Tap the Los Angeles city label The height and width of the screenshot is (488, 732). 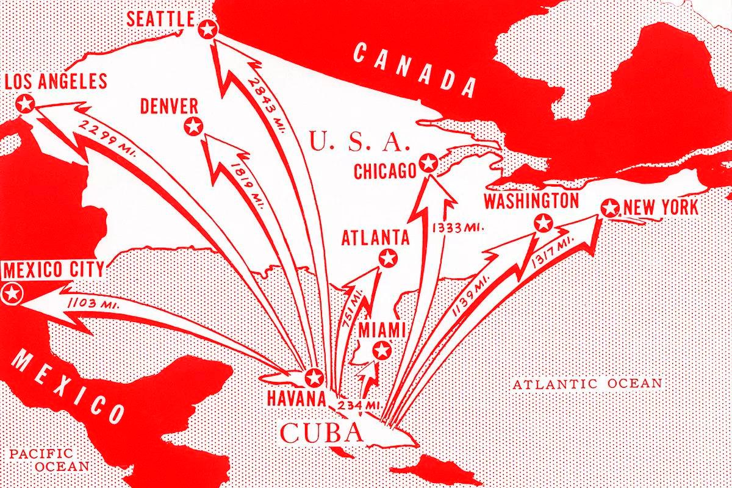pyautogui.click(x=56, y=81)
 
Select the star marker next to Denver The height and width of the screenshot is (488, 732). pyautogui.click(x=193, y=127)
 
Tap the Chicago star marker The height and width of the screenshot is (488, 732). pyautogui.click(x=429, y=163)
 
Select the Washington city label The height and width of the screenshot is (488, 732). pyautogui.click(x=531, y=201)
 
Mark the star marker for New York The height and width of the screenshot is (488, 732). pyautogui.click(x=609, y=208)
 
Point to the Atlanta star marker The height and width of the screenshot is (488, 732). pyautogui.click(x=387, y=257)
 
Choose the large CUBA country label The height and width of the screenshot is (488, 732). pyautogui.click(x=321, y=434)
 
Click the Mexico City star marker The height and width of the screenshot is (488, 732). pyautogui.click(x=12, y=293)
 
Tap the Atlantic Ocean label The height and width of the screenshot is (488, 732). pyautogui.click(x=587, y=384)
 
